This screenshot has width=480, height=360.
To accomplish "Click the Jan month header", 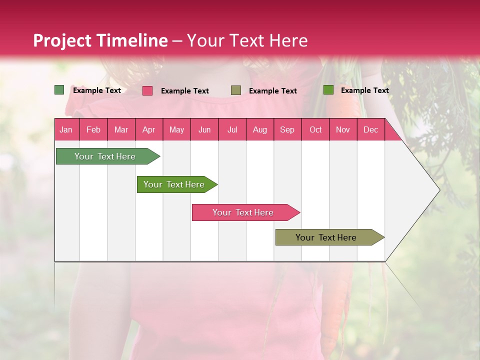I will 66,129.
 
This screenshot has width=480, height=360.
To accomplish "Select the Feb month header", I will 93,129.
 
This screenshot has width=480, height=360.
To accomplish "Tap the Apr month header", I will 148,129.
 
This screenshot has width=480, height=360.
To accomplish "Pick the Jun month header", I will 204,129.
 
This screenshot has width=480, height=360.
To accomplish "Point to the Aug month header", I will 259,129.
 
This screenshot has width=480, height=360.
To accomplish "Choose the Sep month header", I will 287,129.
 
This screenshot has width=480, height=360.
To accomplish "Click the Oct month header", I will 315,129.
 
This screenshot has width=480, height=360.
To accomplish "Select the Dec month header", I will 370,129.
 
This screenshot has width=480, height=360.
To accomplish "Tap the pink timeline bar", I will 244,212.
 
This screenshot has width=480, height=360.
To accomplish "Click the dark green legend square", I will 59,90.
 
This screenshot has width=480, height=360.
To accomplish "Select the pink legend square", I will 147,90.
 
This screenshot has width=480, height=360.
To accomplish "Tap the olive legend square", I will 236,90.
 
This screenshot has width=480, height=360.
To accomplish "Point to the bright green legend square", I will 328,90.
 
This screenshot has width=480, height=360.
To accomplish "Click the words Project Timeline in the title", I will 100,40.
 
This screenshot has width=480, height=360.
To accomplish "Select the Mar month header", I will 121,129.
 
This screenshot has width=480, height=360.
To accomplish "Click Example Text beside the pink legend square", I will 184,91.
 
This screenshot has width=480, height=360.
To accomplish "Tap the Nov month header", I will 343,129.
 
